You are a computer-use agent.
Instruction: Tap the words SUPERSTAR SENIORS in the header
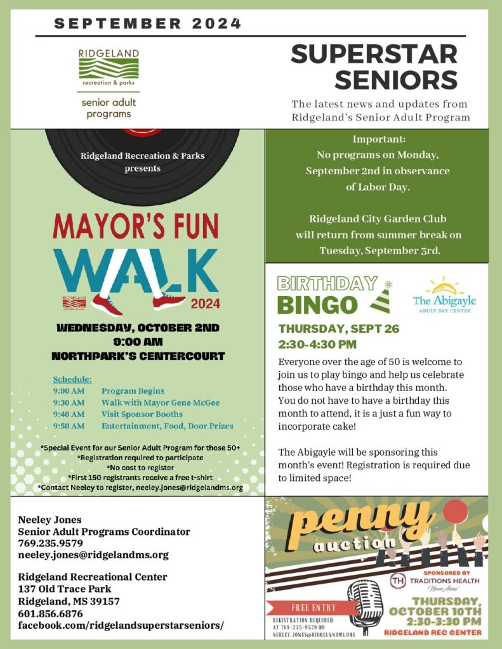(374, 67)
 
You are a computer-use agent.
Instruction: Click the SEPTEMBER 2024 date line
(148, 24)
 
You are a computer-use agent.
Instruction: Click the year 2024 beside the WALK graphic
(205, 303)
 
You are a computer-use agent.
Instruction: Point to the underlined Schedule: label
(72, 379)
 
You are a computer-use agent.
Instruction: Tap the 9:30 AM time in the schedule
(69, 402)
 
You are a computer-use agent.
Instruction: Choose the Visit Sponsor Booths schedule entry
(142, 414)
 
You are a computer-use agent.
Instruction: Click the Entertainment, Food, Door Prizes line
(167, 426)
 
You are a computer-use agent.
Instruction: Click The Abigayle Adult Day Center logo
(444, 295)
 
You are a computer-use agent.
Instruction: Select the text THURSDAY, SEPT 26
(339, 329)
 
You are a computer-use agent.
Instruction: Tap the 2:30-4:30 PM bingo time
(317, 345)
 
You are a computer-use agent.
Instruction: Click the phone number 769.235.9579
(51, 543)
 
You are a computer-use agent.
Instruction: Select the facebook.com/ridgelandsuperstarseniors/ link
(121, 625)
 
